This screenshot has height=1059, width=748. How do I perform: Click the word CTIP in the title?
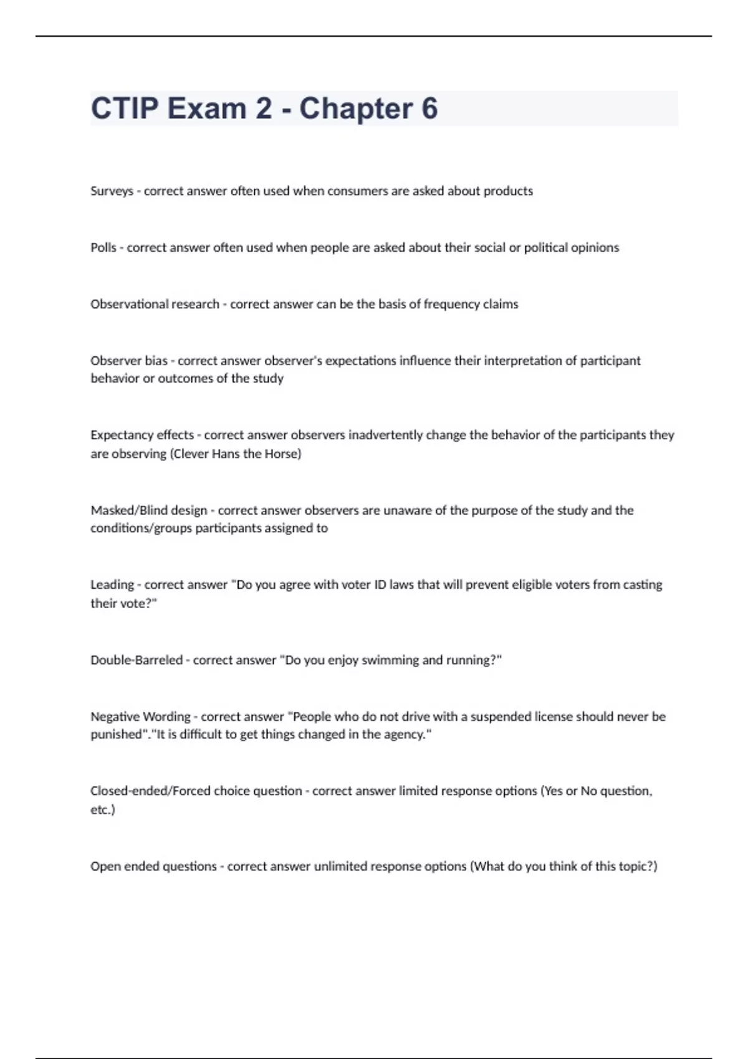125,108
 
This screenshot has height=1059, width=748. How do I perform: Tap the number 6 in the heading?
429,108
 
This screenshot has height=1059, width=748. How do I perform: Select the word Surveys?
112,191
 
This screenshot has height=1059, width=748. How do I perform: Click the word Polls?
103,248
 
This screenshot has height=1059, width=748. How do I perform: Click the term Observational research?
155,305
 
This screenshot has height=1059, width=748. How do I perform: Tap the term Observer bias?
129,361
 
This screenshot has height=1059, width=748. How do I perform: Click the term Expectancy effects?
142,435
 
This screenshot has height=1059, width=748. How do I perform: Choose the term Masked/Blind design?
148,510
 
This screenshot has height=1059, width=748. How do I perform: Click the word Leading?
112,585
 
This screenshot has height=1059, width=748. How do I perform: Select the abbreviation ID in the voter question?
380,585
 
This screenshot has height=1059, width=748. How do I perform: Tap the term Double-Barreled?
137,660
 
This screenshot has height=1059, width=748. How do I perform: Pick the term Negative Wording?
140,716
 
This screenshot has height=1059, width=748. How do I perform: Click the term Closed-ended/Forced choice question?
196,791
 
